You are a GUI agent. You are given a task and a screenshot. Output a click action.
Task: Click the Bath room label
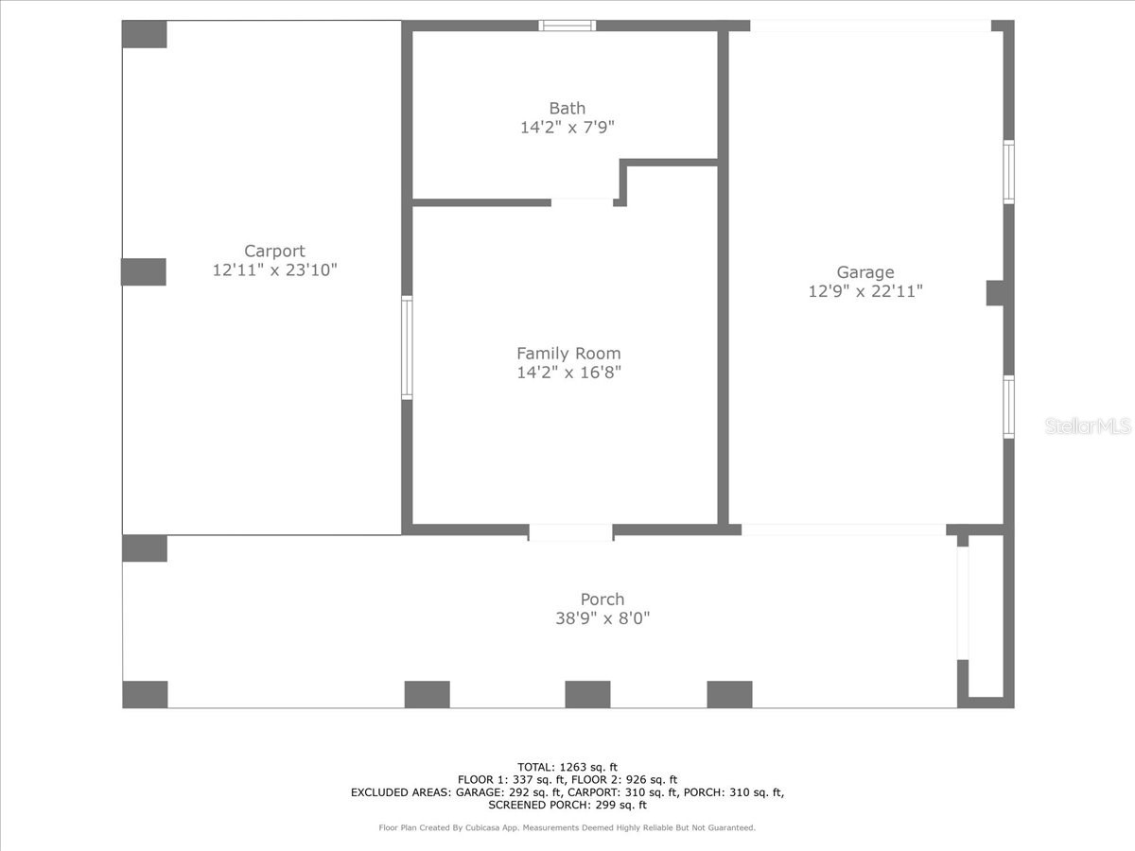coord(567,109)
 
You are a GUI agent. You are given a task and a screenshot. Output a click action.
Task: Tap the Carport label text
coord(274,252)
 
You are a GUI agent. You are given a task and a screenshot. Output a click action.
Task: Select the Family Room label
coord(568,354)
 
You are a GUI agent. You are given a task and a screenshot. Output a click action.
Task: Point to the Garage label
coord(864,273)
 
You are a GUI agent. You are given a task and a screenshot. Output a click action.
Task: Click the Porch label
coord(602,599)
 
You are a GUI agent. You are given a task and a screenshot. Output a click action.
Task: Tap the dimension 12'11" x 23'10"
coord(274,270)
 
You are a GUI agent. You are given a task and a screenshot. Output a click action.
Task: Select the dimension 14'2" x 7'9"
coord(567,128)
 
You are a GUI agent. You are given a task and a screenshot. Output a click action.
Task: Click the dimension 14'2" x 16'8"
coord(568,373)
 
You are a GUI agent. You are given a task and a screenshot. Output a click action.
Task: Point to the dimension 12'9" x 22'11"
coord(864,292)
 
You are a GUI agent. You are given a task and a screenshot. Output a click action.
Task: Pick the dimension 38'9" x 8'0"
coord(602,618)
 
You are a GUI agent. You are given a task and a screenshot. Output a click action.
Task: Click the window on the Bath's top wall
coord(567,26)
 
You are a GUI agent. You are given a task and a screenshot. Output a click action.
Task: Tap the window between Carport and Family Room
coord(408,347)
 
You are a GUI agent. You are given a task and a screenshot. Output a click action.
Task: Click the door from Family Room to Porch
coord(570,532)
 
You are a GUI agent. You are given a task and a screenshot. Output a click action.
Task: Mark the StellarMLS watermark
coord(1088,427)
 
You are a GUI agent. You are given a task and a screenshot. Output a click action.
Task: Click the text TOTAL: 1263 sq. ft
coord(567,767)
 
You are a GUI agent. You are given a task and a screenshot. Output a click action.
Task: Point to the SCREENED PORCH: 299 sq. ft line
coord(567,806)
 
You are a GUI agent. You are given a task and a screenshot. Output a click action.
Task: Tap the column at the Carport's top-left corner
coord(145,34)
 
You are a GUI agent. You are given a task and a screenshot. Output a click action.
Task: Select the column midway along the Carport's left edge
coord(144,271)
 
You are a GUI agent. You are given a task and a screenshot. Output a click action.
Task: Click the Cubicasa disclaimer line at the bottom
coord(567,828)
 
